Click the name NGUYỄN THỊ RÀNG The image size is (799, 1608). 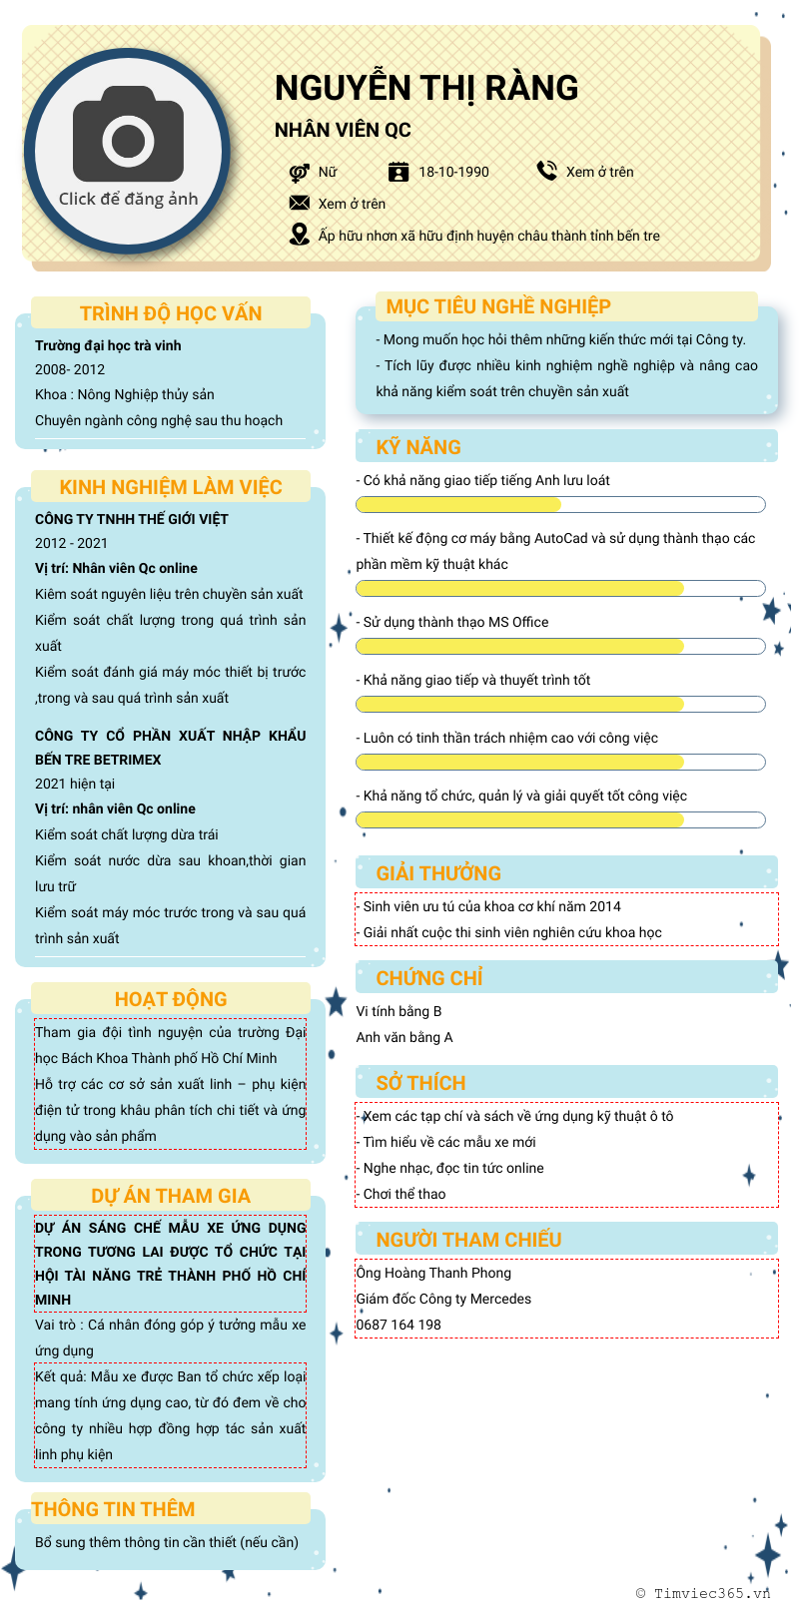426,88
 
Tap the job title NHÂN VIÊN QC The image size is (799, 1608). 343,131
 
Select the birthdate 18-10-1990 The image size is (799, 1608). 453,172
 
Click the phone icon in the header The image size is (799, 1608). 546,171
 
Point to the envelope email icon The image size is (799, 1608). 299,203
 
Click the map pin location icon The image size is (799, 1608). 299,235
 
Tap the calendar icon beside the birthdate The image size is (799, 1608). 399,172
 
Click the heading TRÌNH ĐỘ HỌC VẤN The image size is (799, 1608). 171,313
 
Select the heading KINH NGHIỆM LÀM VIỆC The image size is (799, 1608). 171,487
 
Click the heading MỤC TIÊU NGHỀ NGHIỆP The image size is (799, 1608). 498,306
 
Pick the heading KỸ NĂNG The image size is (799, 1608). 418,447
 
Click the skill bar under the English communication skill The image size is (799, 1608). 560,504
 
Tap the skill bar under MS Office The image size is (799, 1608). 560,646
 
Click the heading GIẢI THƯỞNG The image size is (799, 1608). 438,873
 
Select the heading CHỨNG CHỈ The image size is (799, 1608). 429,978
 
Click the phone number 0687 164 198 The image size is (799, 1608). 399,1325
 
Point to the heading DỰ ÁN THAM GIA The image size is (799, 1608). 171,1196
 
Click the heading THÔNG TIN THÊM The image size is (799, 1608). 113,1509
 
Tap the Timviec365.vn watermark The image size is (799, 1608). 703,1593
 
